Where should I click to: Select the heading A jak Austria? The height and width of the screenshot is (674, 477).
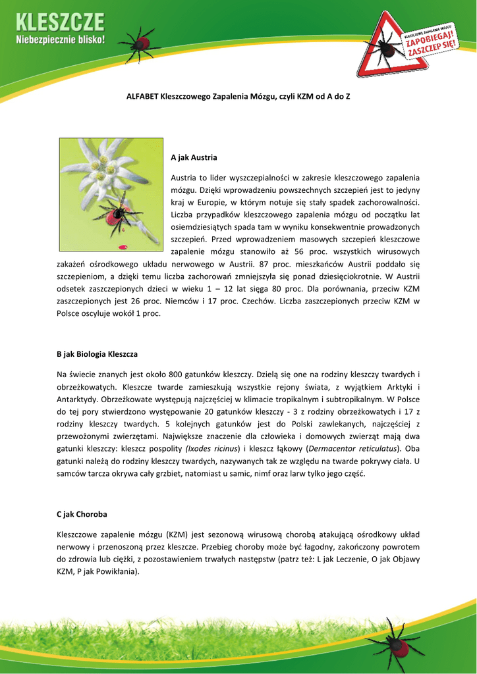194,158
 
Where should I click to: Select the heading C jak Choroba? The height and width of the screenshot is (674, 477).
82,513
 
